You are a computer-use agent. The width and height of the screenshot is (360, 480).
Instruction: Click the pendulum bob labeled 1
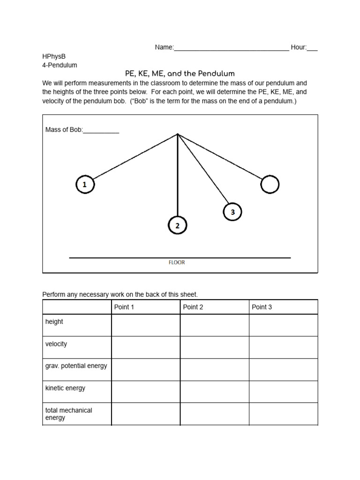(85, 185)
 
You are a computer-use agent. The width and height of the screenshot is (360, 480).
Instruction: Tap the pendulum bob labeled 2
(177, 225)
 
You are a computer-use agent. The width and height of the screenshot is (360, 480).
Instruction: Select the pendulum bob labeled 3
(232, 212)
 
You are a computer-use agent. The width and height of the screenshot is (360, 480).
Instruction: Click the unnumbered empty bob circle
(270, 184)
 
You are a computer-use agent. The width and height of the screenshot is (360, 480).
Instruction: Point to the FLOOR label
(177, 262)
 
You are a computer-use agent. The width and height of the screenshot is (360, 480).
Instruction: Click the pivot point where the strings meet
(178, 134)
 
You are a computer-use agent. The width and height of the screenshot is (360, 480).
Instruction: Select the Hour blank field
(312, 48)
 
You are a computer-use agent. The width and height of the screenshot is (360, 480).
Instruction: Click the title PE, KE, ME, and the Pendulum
(180, 74)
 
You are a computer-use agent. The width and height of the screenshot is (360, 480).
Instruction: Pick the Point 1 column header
(124, 307)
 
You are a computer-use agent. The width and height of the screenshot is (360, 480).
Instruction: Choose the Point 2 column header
(193, 307)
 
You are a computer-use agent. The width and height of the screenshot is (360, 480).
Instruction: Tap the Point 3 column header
(262, 307)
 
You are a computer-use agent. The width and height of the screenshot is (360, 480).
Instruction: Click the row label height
(54, 322)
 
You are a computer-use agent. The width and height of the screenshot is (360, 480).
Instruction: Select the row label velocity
(56, 344)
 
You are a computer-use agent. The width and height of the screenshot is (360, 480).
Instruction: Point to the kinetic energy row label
(65, 388)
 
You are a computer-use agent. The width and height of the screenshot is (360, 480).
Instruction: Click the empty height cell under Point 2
(214, 325)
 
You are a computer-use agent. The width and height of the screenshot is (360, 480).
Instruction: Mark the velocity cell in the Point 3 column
(283, 347)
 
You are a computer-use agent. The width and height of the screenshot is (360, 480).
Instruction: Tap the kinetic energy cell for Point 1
(145, 391)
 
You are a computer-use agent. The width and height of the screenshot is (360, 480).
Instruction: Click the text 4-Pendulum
(60, 65)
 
